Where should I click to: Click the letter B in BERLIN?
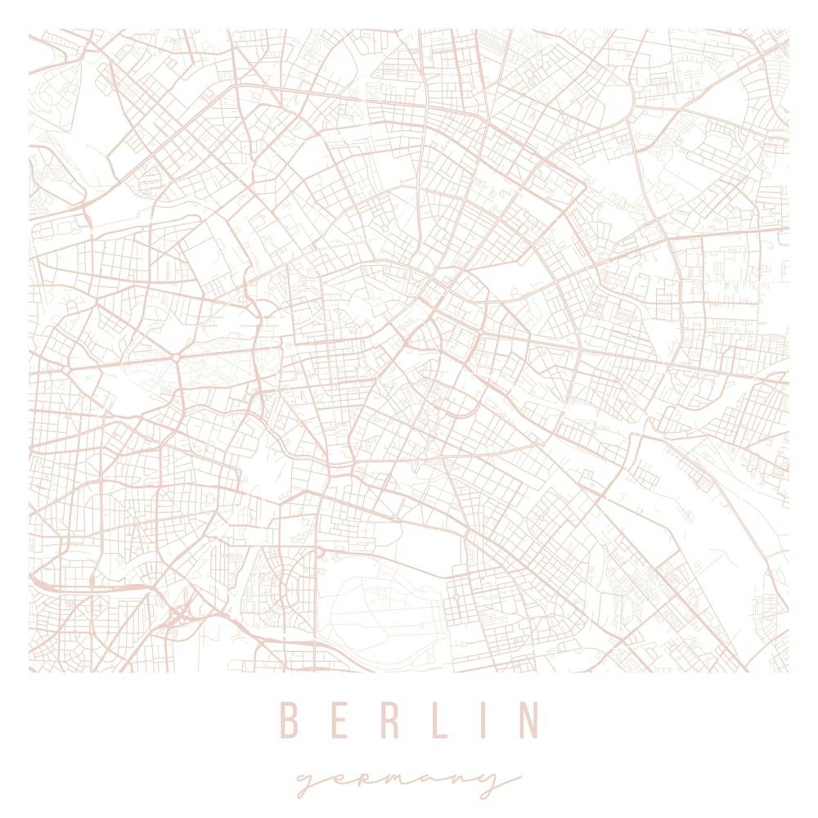click(x=287, y=720)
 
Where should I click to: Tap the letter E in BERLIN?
click(x=335, y=720)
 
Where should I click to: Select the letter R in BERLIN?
click(x=382, y=720)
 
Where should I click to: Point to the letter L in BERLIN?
click(x=432, y=720)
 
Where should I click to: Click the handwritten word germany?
click(x=407, y=781)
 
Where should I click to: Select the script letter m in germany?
click(x=394, y=781)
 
